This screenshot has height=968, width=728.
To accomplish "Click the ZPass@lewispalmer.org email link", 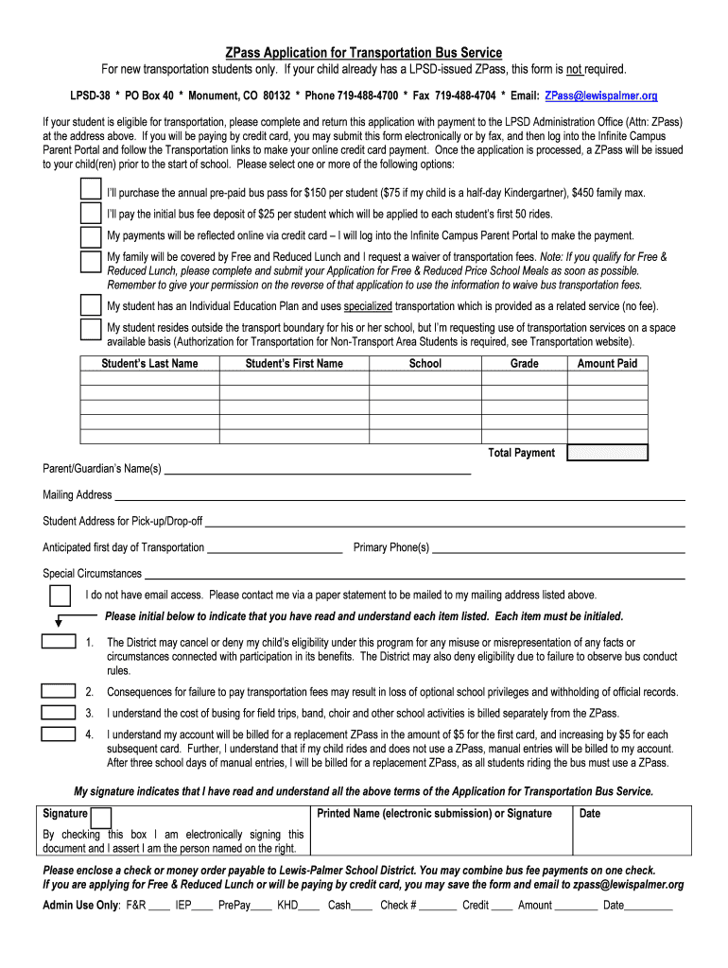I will coord(600,96).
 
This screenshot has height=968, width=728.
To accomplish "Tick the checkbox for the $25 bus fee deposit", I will coord(91,214).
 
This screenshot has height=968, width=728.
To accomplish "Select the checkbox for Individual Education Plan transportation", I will coord(91,305).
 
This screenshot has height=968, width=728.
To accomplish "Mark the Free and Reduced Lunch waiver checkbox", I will coord(91,262).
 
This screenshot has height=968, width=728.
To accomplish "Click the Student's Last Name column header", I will coord(150,364).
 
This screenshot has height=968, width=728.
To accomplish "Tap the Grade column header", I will coord(524,364).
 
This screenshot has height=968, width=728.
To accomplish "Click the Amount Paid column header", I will coord(607,364).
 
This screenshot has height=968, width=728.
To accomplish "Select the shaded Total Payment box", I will coord(607,453).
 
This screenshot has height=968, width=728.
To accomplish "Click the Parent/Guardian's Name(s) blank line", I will coord(318,470).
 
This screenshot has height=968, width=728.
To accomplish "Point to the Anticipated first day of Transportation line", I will coord(274,549).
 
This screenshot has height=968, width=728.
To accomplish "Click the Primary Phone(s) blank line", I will coord(558,549).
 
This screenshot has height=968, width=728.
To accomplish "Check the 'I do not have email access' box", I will coord(60,596).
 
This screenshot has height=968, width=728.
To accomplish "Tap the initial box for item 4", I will coord(60,735).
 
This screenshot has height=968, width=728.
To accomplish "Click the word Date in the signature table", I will coord(590,814).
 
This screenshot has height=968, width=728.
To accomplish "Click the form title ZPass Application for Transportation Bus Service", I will coord(364,52).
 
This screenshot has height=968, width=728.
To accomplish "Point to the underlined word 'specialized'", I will coord(367,306).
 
